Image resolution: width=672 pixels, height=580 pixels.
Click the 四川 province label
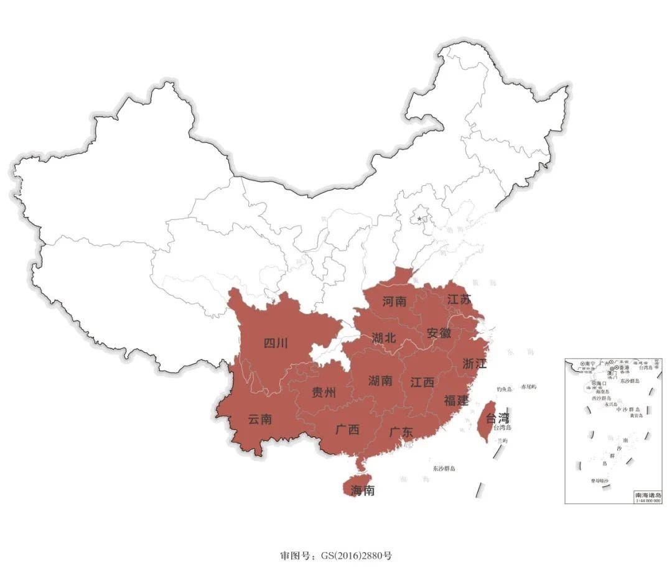276,343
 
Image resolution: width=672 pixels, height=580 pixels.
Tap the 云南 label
260,419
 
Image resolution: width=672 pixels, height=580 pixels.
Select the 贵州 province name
324,392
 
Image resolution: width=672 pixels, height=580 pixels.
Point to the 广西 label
347,429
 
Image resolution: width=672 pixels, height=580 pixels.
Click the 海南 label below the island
362,490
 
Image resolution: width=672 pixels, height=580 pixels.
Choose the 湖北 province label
384,338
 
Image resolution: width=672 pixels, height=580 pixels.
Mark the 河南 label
394,302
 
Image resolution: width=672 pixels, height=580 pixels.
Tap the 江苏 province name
459,300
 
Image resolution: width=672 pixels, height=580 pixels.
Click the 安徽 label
439,333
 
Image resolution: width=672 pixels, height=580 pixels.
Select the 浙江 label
475,364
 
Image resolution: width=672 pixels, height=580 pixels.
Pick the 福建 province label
456,400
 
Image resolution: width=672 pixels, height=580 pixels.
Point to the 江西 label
422,382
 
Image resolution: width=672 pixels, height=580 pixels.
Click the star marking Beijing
420,218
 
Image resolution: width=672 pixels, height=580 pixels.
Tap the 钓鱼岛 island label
504,389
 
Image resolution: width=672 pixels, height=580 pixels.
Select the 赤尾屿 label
528,387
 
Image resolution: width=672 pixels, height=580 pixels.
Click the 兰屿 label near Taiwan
502,440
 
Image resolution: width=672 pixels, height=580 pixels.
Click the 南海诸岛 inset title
647,494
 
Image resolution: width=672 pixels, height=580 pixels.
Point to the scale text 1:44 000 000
647,500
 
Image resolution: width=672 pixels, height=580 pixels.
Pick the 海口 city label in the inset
600,384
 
